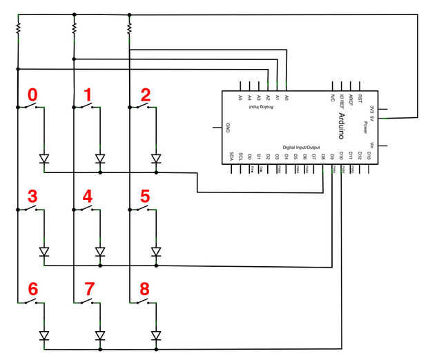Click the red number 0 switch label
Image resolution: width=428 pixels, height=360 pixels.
pos(30,94)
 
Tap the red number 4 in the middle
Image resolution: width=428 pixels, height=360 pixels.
pos(87,196)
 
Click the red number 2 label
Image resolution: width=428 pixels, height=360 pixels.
pos(144,94)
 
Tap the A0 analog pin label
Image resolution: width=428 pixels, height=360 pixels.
pos(286,99)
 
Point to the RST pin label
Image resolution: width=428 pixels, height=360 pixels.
pos(360,97)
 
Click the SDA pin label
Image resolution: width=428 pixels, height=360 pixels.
pos(231,156)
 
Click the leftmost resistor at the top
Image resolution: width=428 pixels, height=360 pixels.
pos(18,28)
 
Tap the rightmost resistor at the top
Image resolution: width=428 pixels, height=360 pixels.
pos(129,28)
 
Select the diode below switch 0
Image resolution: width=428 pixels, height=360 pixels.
pos(44,159)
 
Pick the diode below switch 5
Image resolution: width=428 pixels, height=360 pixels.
pos(156,252)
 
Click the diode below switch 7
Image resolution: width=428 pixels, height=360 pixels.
pos(100,336)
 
